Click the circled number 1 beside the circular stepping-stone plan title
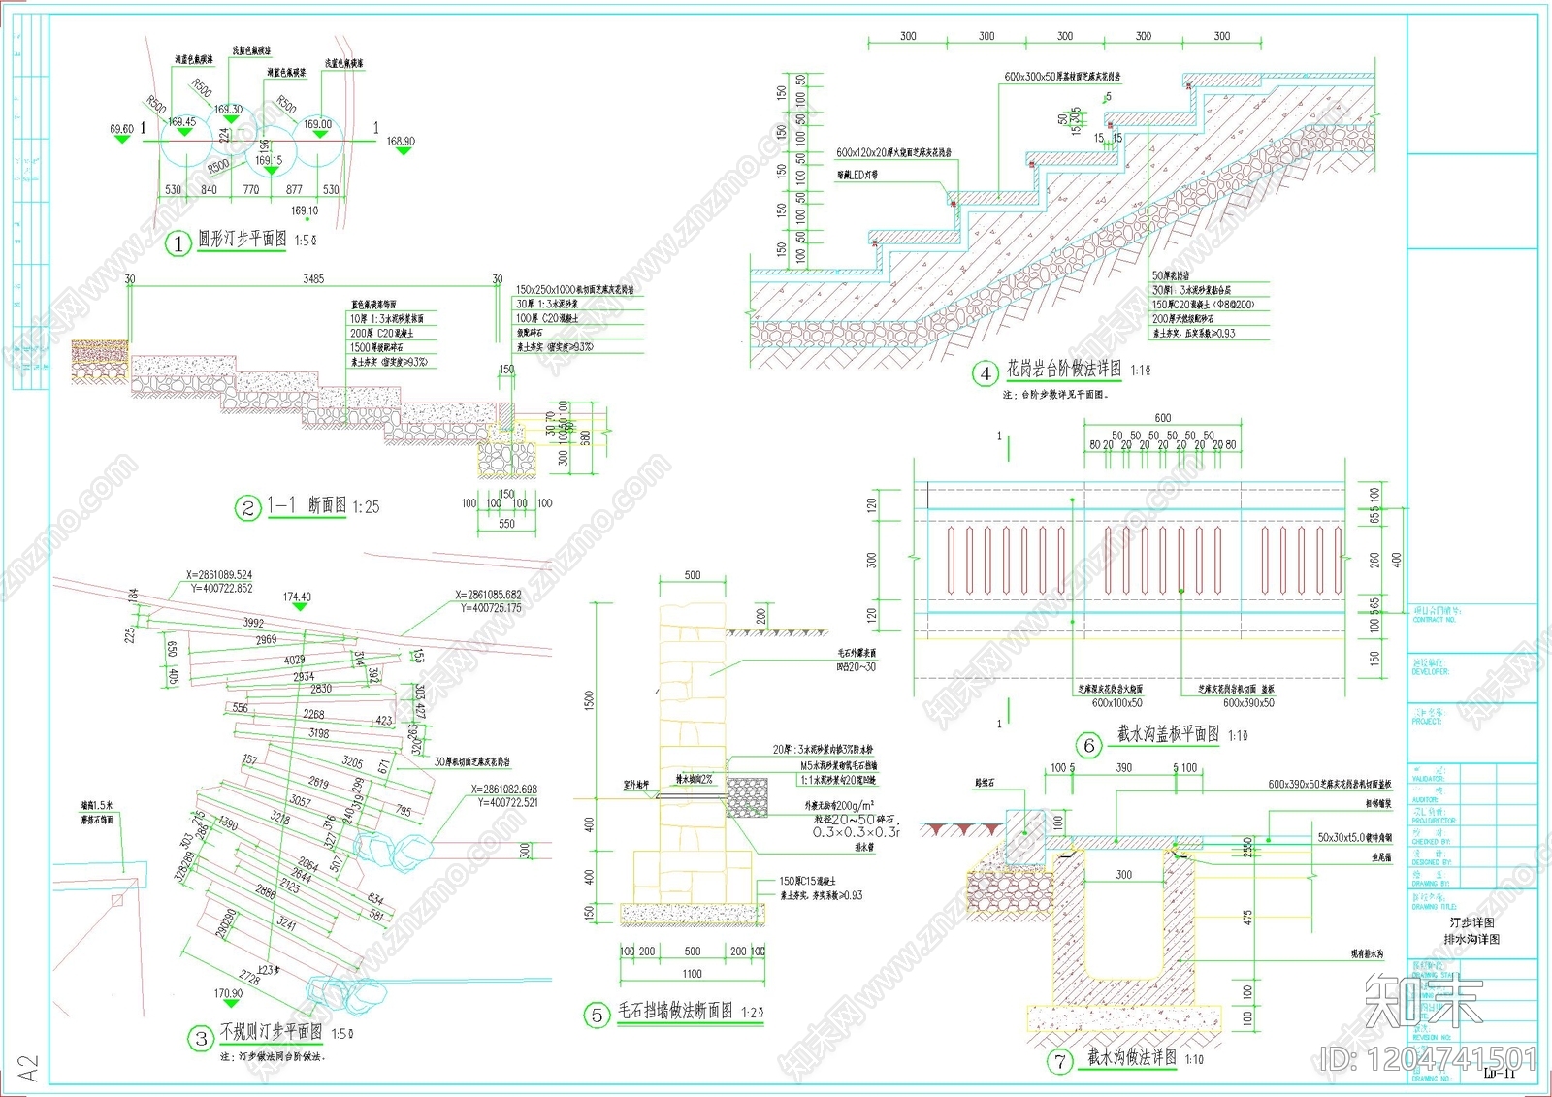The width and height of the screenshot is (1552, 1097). coord(178,243)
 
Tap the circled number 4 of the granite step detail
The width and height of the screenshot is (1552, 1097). coord(986,373)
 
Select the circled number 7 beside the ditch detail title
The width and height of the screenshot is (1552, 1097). coord(1060,1062)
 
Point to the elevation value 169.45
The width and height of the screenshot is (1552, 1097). coord(181,122)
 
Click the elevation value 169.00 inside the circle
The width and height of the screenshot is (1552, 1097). coord(317,124)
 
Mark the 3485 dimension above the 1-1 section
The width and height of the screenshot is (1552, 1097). coord(313,279)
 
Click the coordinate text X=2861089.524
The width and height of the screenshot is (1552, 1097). coord(221,575)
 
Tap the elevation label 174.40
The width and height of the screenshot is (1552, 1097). coord(297,597)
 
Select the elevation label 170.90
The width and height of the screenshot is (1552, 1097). coord(228,993)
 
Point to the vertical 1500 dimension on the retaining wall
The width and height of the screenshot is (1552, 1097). coord(590,700)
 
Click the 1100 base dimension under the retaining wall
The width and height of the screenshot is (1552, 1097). coord(692,974)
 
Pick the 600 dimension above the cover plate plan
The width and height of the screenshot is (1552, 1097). coord(1162,418)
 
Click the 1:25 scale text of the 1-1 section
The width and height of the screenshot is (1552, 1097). coord(366,507)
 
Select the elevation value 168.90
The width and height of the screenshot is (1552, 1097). coord(401,142)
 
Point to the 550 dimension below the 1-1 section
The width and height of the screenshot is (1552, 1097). coord(506,524)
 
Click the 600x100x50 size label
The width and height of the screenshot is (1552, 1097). coord(1116,703)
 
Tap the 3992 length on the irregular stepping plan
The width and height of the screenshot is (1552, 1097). coord(253,623)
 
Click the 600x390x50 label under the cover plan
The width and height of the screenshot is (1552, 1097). coord(1248,703)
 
